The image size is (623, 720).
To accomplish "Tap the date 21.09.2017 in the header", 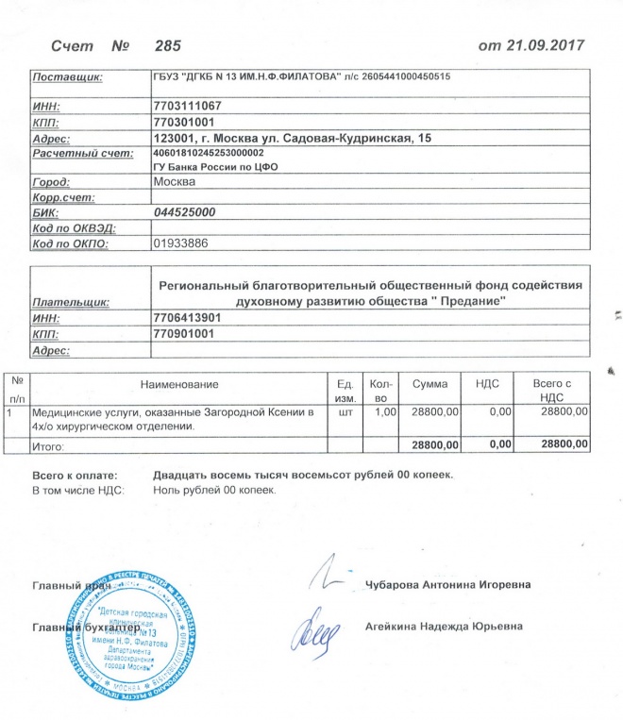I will [x=544, y=45].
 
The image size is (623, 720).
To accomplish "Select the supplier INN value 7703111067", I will [x=187, y=107].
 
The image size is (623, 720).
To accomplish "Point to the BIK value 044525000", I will [x=184, y=212].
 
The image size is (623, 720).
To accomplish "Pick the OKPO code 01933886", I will [x=179, y=243].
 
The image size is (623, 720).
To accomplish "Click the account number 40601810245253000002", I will [x=208, y=153].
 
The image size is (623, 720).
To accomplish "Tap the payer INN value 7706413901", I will [x=187, y=318].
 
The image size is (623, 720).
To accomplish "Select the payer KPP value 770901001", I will [x=184, y=334].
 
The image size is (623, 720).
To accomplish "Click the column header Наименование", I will [x=179, y=384].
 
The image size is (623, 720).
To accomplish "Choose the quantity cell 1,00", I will [x=381, y=412].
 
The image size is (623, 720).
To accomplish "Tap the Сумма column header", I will [x=429, y=384].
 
